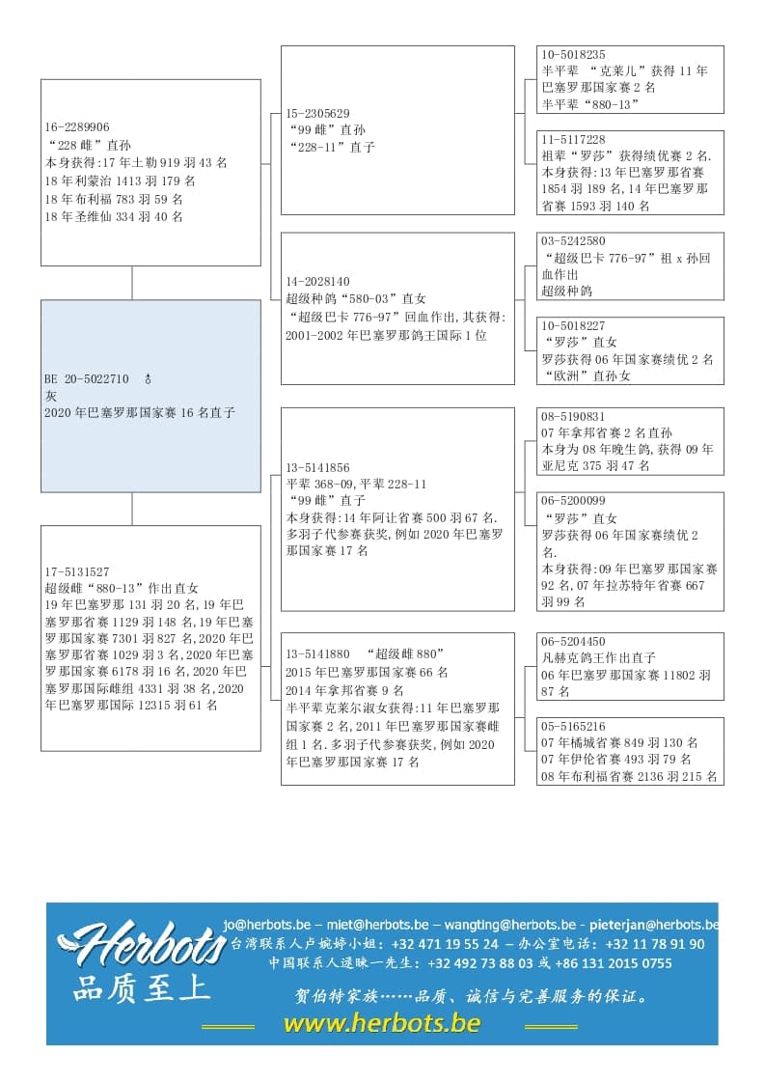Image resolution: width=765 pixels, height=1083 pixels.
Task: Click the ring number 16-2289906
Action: pyautogui.click(x=77, y=127)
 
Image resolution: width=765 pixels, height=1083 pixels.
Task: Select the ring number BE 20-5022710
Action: pyautogui.click(x=87, y=379)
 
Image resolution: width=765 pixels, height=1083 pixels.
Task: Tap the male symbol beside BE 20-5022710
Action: pyautogui.click(x=148, y=379)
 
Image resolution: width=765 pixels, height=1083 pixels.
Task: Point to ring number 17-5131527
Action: pyautogui.click(x=77, y=571)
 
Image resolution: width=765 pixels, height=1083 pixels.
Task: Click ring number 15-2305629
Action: pyautogui.click(x=318, y=113)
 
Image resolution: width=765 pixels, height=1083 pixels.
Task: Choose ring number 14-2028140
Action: pyautogui.click(x=318, y=282)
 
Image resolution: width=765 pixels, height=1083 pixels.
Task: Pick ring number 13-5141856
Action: pyautogui.click(x=318, y=467)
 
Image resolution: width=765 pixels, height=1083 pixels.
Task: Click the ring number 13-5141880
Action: pyautogui.click(x=318, y=654)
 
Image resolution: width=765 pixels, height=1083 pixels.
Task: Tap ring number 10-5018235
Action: pyautogui.click(x=574, y=55)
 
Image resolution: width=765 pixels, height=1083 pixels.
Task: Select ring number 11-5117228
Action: pyautogui.click(x=574, y=139)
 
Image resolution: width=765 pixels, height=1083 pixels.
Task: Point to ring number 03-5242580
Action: pyautogui.click(x=574, y=241)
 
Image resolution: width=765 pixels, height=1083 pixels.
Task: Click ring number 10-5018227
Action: pyautogui.click(x=574, y=325)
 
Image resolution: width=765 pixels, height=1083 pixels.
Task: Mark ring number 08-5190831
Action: pyautogui.click(x=574, y=416)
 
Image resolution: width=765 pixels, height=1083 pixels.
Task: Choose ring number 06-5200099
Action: pyautogui.click(x=574, y=500)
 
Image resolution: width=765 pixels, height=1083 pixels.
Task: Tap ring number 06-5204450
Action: pyautogui.click(x=574, y=641)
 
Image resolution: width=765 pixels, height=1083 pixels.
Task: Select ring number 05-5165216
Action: pyautogui.click(x=574, y=726)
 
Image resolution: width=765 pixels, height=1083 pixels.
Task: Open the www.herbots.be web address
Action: pyautogui.click(x=382, y=1023)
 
